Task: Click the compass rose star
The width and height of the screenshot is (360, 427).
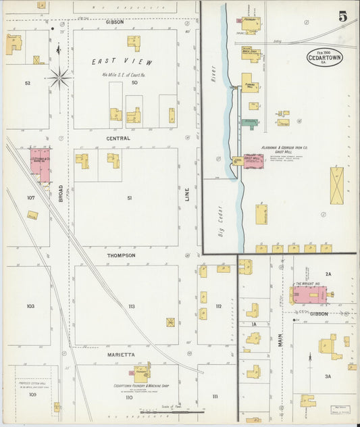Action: (x=59, y=78)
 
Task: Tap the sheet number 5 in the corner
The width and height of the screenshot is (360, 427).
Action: (x=343, y=17)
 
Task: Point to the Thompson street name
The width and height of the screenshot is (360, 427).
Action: (x=121, y=255)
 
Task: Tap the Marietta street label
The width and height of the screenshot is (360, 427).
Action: (x=122, y=354)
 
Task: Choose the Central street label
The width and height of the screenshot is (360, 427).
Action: (x=118, y=138)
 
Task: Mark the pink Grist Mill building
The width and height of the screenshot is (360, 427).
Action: (x=253, y=161)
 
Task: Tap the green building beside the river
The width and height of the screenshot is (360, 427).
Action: (x=249, y=123)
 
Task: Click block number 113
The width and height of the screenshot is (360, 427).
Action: (x=131, y=306)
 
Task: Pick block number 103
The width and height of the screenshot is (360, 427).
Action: (x=30, y=306)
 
